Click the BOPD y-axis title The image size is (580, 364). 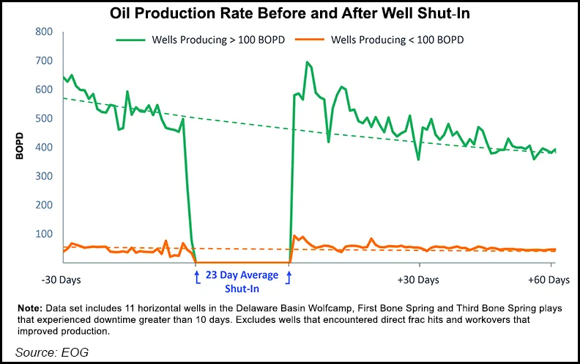20,147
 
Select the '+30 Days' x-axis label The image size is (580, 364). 418,280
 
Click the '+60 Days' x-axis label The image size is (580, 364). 549,280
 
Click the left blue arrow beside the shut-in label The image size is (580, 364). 196,276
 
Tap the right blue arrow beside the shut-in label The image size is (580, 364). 289,276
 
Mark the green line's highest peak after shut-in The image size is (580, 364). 306,62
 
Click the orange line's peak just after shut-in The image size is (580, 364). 294,236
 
